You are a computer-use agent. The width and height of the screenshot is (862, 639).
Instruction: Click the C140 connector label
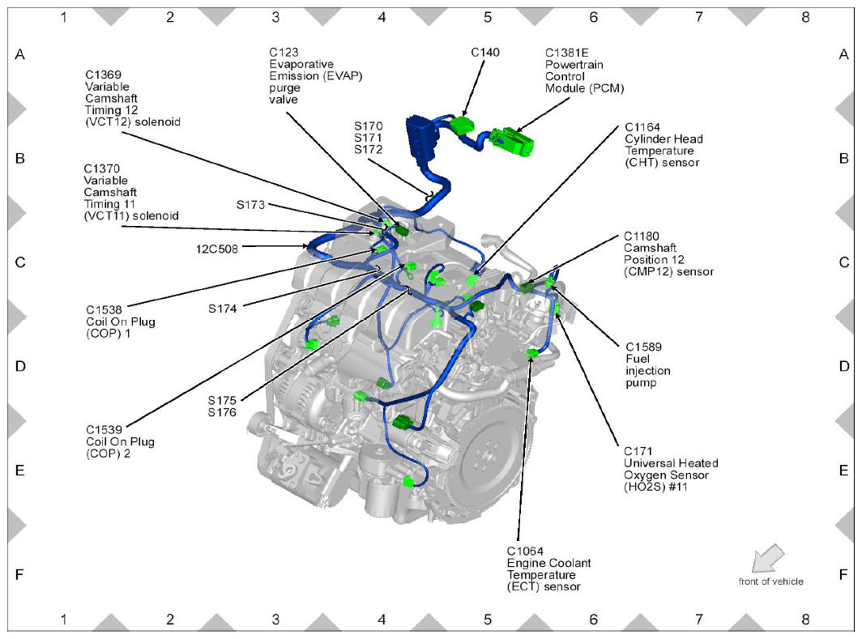(x=485, y=53)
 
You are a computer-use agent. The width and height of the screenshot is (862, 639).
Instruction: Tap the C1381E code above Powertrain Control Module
(x=567, y=53)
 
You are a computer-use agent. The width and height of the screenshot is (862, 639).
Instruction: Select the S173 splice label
(x=250, y=205)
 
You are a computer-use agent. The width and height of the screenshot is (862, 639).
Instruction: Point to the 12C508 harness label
(x=218, y=248)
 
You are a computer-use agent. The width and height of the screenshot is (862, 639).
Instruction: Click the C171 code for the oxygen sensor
(x=637, y=451)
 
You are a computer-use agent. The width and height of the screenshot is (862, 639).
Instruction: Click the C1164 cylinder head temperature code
(x=642, y=127)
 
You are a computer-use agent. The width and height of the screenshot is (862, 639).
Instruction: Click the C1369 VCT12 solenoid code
(x=104, y=75)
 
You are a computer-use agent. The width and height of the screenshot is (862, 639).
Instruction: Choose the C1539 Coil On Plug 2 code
(x=104, y=430)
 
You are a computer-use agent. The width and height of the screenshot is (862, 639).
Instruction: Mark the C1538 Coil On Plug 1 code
(x=104, y=309)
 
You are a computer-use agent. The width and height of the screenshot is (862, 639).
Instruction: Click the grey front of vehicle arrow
(x=765, y=558)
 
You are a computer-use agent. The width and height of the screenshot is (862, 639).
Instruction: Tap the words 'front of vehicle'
(x=770, y=581)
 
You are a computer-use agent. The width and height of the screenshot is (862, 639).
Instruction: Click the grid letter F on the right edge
(x=843, y=574)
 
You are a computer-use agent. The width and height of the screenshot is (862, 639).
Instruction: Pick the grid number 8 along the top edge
(x=804, y=17)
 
